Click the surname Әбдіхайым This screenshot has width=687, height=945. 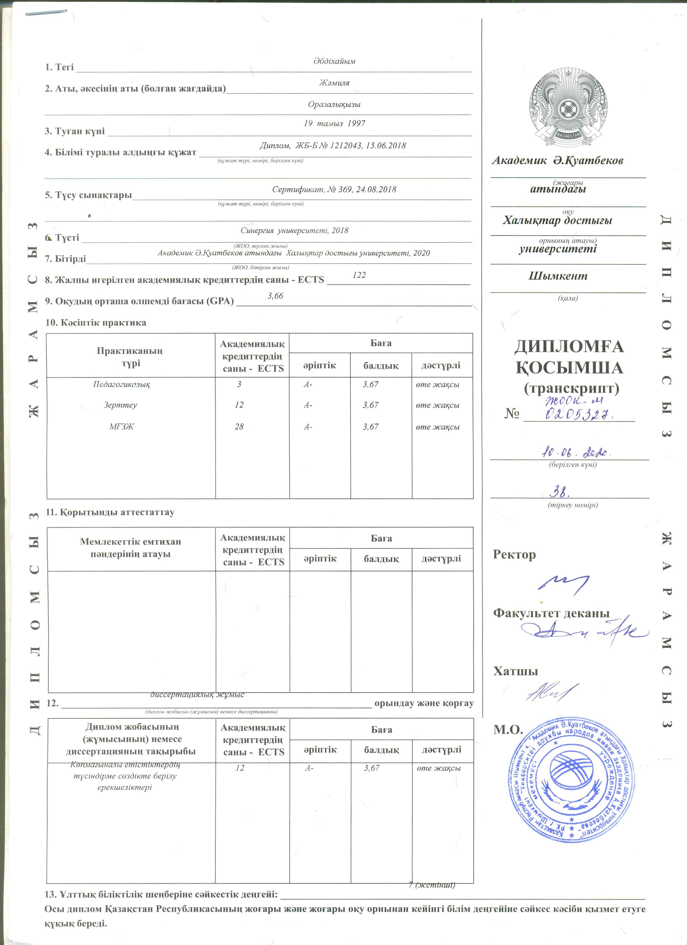click(x=334, y=61)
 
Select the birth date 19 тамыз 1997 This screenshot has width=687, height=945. click(x=334, y=123)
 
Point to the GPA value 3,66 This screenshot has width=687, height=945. click(x=275, y=296)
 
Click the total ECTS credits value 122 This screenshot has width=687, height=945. click(x=359, y=275)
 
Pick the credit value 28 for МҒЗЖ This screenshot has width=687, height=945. click(x=239, y=427)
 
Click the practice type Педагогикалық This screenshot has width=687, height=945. click(x=121, y=384)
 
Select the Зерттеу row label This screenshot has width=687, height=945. click(x=120, y=405)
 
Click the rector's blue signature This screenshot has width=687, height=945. click(x=563, y=584)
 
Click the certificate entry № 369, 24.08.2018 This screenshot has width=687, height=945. click(x=334, y=190)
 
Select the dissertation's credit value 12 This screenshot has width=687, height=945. click(x=240, y=768)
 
